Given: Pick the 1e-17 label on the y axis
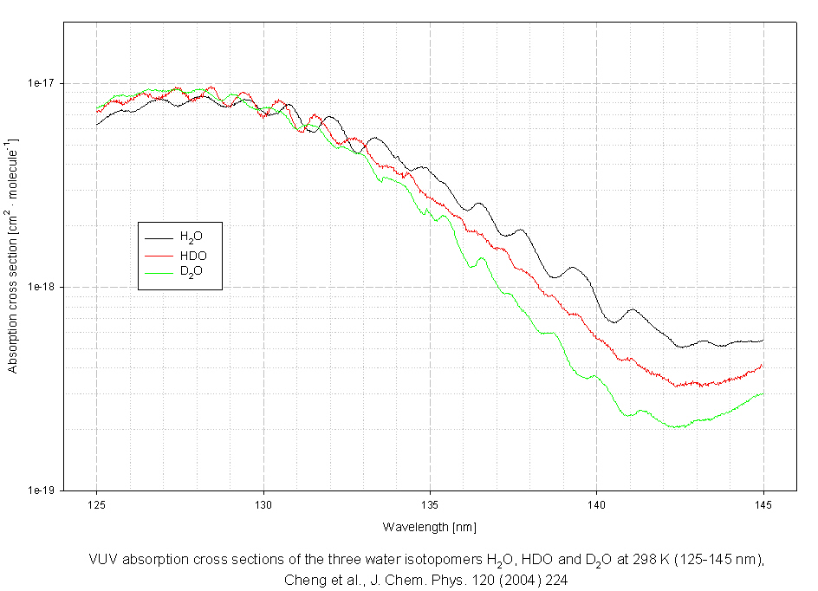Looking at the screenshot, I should click(41, 83).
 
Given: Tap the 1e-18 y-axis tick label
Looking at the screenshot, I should click(41, 287).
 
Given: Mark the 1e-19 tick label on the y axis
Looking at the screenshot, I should click(41, 490).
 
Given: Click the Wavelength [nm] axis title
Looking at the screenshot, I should click(430, 527).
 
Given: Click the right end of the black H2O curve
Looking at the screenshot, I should click(763, 341).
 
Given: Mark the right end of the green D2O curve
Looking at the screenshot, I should click(763, 393).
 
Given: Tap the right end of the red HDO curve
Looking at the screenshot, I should click(763, 365).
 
